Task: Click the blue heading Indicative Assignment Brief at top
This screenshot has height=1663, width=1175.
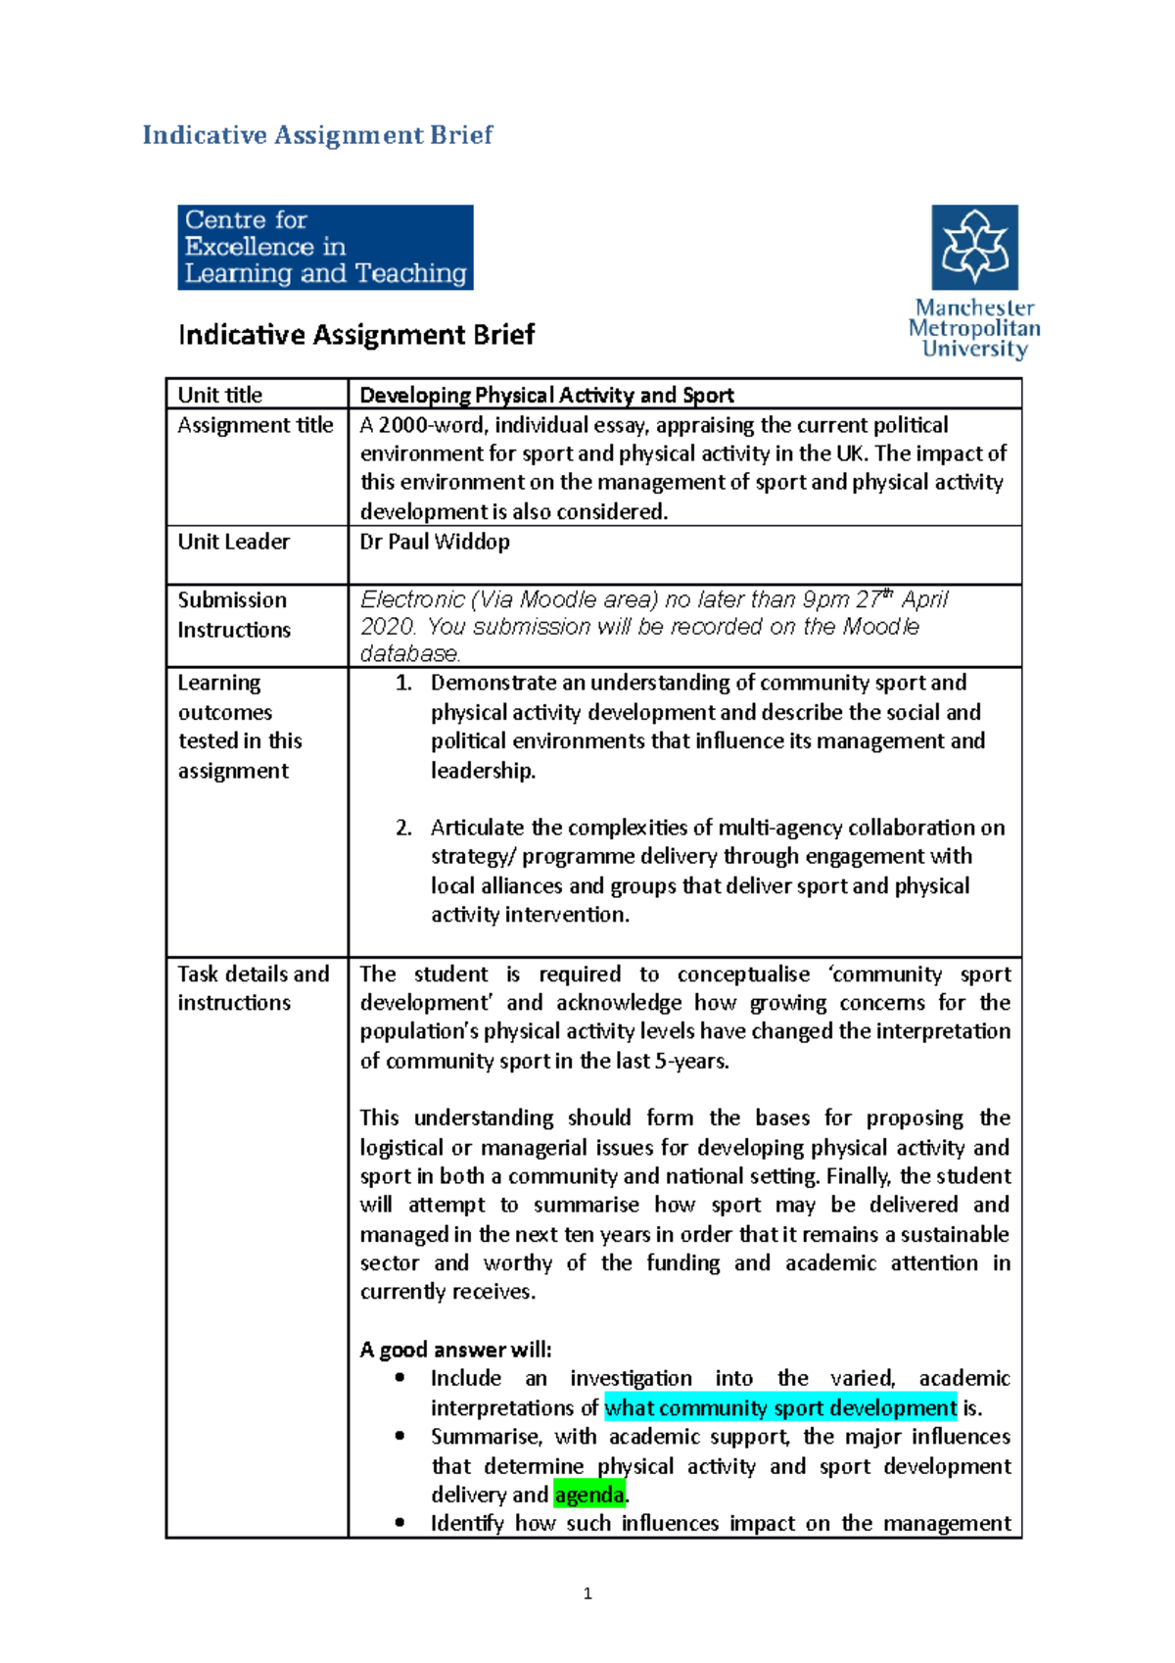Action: (x=317, y=135)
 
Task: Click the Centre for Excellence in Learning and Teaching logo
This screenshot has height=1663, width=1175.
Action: (x=325, y=247)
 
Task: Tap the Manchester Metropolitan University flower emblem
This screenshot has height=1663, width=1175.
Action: (x=974, y=247)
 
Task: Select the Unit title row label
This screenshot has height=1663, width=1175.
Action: (x=220, y=395)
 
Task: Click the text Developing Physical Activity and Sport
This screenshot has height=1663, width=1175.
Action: (x=546, y=395)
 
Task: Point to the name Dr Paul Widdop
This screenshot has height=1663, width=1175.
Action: (x=435, y=542)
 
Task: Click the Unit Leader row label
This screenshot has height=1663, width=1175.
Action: (x=234, y=542)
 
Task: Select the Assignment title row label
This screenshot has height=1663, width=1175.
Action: (x=255, y=425)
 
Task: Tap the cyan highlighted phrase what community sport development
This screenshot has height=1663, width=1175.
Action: (x=780, y=1407)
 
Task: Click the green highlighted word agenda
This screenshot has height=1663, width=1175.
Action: (x=588, y=1495)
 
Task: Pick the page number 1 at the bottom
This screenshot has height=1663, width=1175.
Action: (x=587, y=1593)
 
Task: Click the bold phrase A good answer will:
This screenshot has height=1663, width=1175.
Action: (x=455, y=1350)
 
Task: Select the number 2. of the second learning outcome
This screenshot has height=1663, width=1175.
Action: (x=403, y=828)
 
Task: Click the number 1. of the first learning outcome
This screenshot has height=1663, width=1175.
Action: (x=403, y=683)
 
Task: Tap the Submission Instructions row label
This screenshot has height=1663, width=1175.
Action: (x=234, y=614)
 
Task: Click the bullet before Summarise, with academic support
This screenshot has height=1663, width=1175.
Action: (x=399, y=1437)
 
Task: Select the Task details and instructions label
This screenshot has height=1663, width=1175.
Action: (x=253, y=987)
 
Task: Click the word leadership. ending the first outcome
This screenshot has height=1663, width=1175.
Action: (x=483, y=771)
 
